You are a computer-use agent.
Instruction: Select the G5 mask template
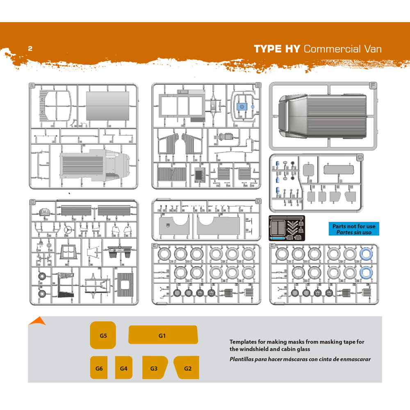(x=103, y=335)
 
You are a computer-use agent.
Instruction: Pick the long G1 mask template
(x=162, y=335)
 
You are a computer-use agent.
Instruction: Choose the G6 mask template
(x=99, y=368)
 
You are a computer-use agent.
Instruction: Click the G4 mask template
(x=123, y=368)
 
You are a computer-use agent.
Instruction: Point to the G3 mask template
(x=154, y=368)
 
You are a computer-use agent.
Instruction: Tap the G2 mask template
(x=187, y=368)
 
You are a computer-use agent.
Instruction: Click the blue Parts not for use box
(x=353, y=229)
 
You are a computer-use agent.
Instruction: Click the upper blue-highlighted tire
(x=366, y=254)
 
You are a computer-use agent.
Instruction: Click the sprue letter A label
(x=32, y=85)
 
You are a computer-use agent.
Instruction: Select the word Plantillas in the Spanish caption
(x=243, y=359)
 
